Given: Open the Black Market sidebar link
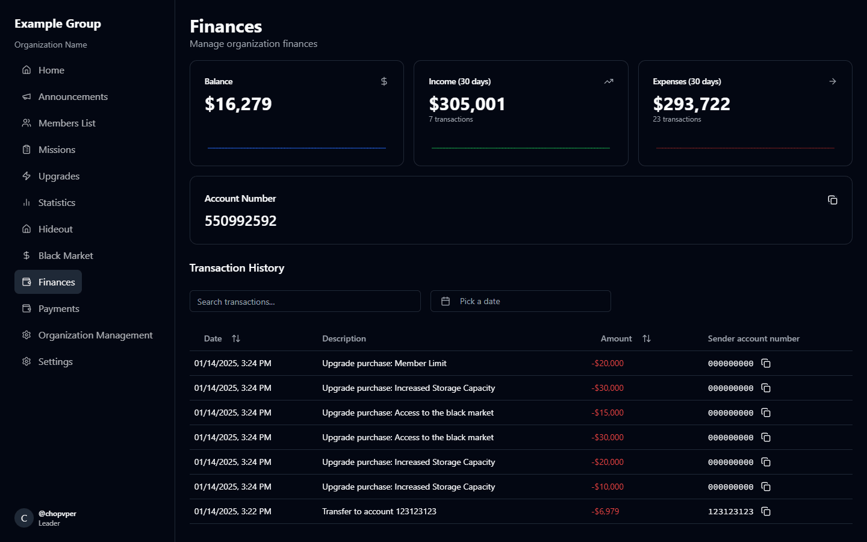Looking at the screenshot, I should (65, 255).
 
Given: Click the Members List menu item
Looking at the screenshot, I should (66, 123).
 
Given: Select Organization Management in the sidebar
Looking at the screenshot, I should (95, 335).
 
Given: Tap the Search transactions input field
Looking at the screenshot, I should (305, 301).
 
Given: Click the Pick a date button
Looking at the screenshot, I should (520, 301).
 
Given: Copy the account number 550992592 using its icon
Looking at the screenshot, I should (833, 200).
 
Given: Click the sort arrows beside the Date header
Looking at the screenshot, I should (236, 338).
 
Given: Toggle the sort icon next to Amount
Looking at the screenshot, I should (647, 338).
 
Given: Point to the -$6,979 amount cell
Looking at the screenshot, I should (605, 511).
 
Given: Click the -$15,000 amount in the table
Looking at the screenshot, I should (608, 413).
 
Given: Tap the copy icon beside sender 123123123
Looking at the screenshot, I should (766, 511).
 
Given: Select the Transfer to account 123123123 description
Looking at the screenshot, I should (379, 511).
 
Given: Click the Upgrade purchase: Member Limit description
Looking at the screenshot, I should (384, 363).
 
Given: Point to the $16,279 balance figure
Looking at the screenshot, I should (238, 104).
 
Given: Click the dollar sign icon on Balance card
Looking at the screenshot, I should (384, 81).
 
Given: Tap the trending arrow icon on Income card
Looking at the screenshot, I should (609, 81).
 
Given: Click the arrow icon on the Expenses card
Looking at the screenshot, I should (833, 81).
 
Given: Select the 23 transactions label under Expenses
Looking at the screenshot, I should (677, 119).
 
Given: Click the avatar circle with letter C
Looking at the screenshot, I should (24, 518).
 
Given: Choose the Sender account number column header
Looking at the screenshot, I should (753, 338).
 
